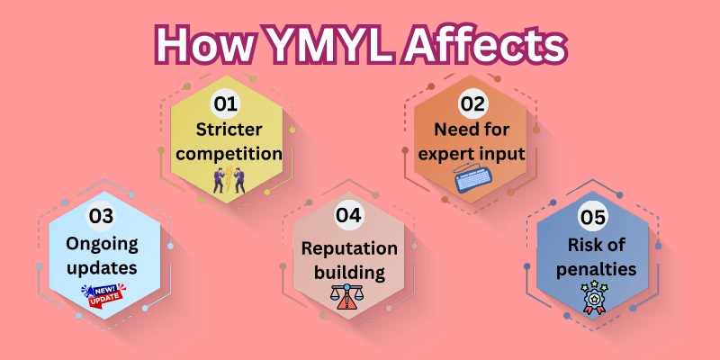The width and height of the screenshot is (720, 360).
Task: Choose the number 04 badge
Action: coord(348,215)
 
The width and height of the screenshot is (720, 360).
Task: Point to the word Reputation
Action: coord(349,247)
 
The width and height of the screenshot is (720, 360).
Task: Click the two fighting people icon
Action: coord(223,179)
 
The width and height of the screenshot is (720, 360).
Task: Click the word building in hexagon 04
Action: coord(349,272)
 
